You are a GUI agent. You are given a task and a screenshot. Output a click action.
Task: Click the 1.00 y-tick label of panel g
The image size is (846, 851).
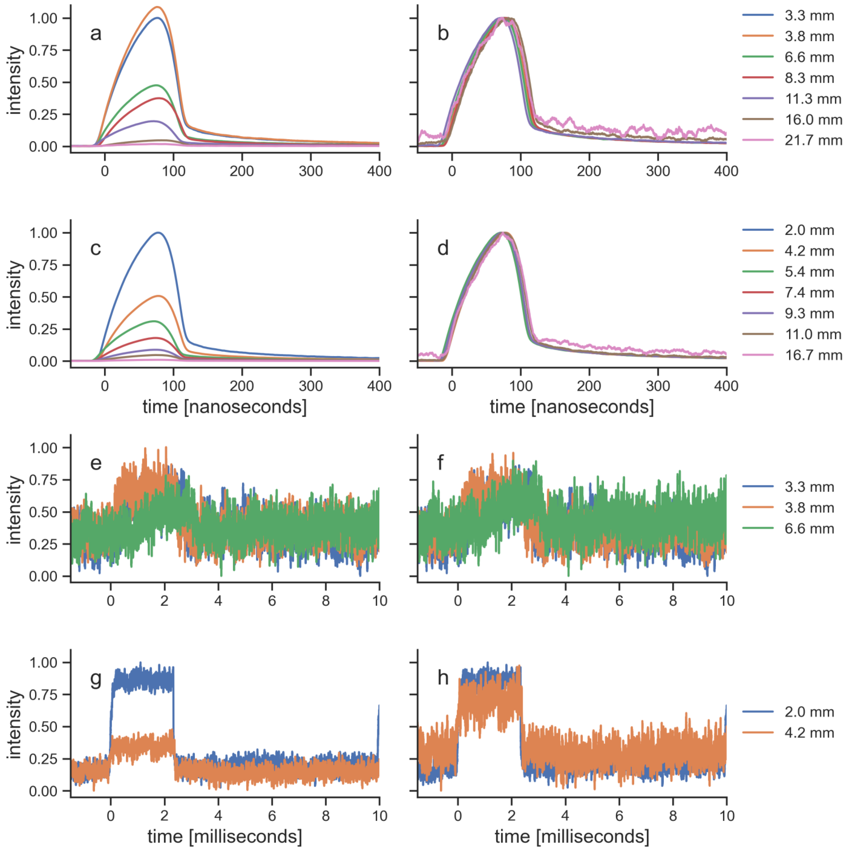(43, 663)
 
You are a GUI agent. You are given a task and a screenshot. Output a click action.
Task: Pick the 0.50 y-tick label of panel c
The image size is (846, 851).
(43, 297)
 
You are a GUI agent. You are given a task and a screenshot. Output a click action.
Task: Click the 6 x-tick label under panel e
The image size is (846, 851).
(272, 601)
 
